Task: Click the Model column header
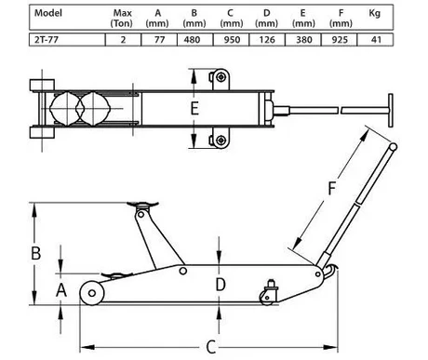[48, 13]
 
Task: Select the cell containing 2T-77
[67, 40]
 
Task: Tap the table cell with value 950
[231, 40]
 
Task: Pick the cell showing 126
[267, 40]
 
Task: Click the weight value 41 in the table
[376, 40]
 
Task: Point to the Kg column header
[375, 13]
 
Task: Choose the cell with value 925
[340, 40]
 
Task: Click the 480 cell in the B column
[195, 40]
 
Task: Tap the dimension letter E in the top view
[194, 109]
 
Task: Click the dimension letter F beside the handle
[332, 188]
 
